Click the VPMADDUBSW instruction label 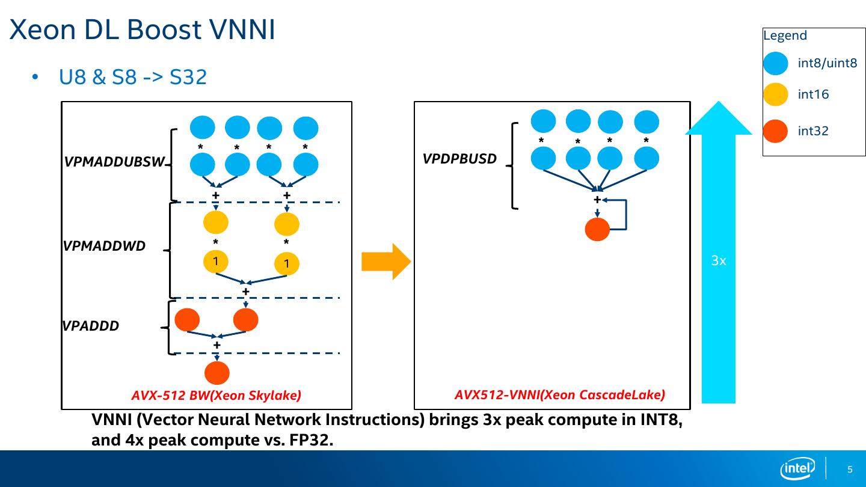tap(114, 162)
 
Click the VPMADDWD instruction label tap(104, 246)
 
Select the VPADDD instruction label tap(91, 326)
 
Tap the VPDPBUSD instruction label tap(459, 159)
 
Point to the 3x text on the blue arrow tap(719, 261)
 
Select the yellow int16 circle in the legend tap(775, 94)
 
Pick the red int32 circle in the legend tap(775, 131)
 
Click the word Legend tap(785, 35)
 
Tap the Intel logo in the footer tap(797, 468)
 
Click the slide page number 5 tap(850, 470)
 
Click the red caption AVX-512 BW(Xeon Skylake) tap(216, 396)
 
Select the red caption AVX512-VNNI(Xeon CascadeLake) tap(559, 395)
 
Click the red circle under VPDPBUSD tap(597, 229)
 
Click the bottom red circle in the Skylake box tap(216, 373)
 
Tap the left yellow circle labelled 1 tap(215, 261)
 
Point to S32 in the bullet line tap(188, 77)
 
